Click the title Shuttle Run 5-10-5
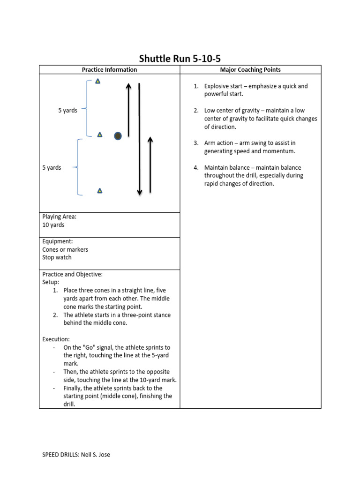click(x=180, y=59)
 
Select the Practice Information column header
click(x=109, y=70)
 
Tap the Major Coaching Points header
click(x=250, y=70)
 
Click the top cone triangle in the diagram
click(x=97, y=81)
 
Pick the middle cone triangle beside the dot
click(x=99, y=135)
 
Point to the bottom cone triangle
click(x=99, y=191)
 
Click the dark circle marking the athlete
click(x=118, y=136)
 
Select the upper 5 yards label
click(x=67, y=111)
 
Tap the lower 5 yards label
click(x=52, y=167)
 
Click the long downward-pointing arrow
click(x=139, y=141)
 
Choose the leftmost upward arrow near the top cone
click(x=128, y=110)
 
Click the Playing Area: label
click(x=59, y=217)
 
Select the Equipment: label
click(x=57, y=241)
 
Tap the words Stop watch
click(x=57, y=257)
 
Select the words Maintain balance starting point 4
click(x=226, y=167)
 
